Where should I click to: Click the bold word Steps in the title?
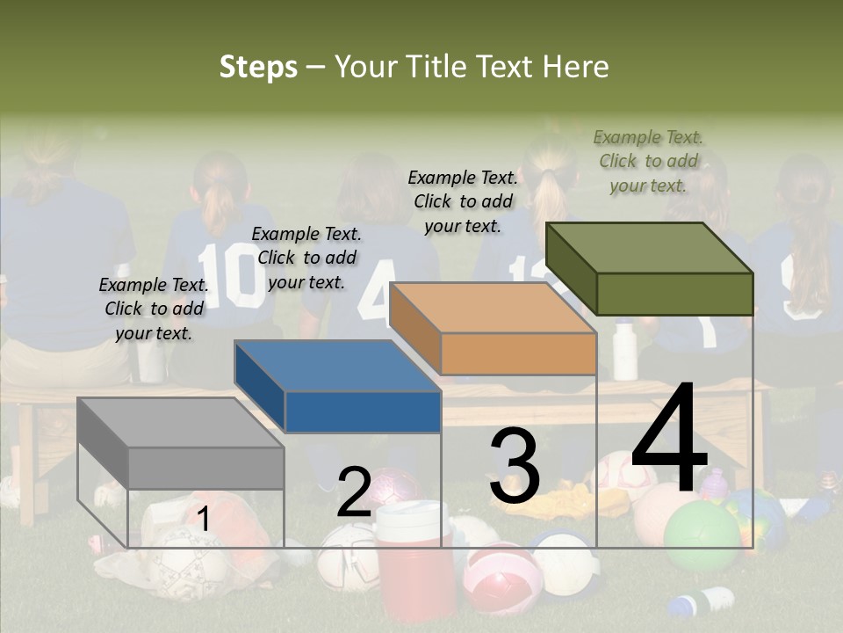coord(258,67)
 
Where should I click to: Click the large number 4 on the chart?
coord(669,440)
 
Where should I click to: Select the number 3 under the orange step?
coord(515,466)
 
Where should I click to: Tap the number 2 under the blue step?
coord(354,492)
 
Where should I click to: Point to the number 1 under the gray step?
coord(203,520)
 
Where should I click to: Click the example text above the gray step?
coord(154,309)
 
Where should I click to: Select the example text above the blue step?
coord(306,258)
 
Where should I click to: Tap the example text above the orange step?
coord(463,201)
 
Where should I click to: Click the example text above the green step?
coord(648,161)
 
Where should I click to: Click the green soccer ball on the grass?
coord(702,535)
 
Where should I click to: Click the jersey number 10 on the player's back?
coord(230,274)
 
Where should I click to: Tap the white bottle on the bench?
coord(625,351)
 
